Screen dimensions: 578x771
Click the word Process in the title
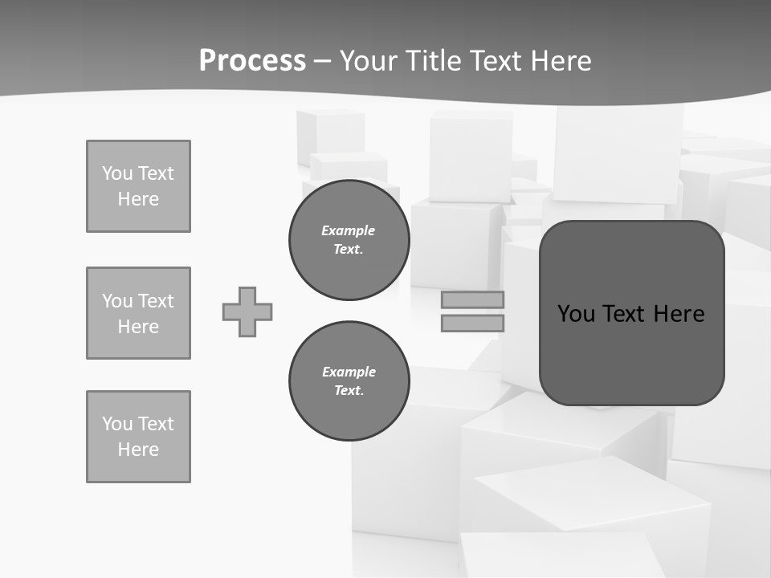pyautogui.click(x=252, y=61)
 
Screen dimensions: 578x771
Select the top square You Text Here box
pyautogui.click(x=138, y=186)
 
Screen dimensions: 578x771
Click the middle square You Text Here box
pyautogui.click(x=138, y=313)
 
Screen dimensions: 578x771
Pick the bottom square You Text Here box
pyautogui.click(x=138, y=437)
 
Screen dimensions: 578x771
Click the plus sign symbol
pyautogui.click(x=247, y=311)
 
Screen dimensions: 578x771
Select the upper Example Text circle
pyautogui.click(x=349, y=240)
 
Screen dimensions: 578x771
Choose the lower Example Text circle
pyautogui.click(x=349, y=381)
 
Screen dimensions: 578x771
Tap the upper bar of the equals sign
pyautogui.click(x=473, y=300)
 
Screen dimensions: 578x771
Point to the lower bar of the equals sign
pyautogui.click(x=473, y=323)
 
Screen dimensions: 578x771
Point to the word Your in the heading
pyautogui.click(x=369, y=61)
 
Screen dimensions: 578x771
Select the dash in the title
pyautogui.click(x=323, y=61)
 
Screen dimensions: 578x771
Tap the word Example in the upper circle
pyautogui.click(x=349, y=230)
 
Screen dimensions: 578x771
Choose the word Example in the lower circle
pyautogui.click(x=349, y=372)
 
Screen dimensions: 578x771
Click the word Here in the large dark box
pyautogui.click(x=679, y=314)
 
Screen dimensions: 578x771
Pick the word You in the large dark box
pyautogui.click(x=576, y=314)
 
